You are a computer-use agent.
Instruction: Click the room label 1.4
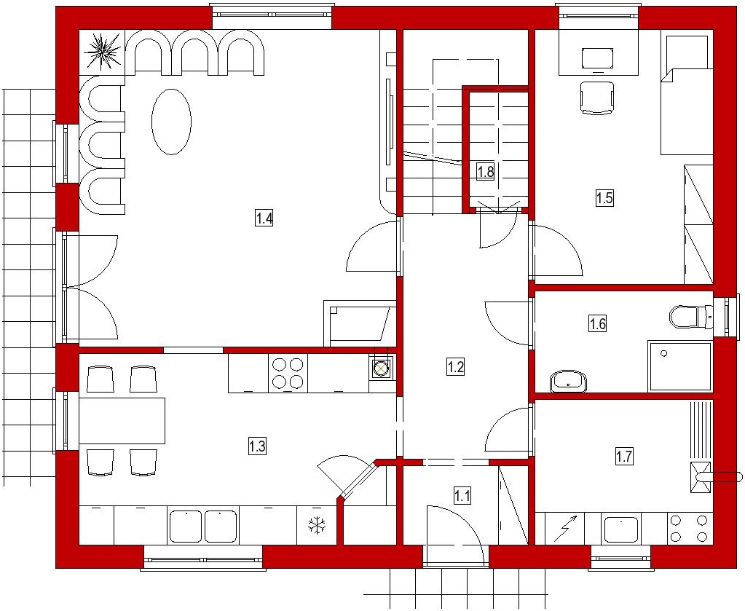pos(264,219)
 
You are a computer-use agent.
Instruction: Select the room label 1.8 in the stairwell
pos(486,171)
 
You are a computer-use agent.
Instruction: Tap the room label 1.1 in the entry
pos(462,496)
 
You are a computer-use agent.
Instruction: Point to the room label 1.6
pos(598,323)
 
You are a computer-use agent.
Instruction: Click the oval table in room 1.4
pos(172,121)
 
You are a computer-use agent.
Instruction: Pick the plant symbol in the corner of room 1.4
pos(102,51)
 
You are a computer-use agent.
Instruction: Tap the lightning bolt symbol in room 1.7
pos(567,528)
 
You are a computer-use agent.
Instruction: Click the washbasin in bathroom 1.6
pos(568,382)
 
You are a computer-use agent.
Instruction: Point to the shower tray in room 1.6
pos(680,366)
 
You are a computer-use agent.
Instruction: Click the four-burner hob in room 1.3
pos(288,374)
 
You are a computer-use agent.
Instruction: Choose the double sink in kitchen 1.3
pos(203,526)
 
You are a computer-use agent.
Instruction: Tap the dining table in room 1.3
pos(122,420)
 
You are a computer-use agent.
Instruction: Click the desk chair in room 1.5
pos(597,98)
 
